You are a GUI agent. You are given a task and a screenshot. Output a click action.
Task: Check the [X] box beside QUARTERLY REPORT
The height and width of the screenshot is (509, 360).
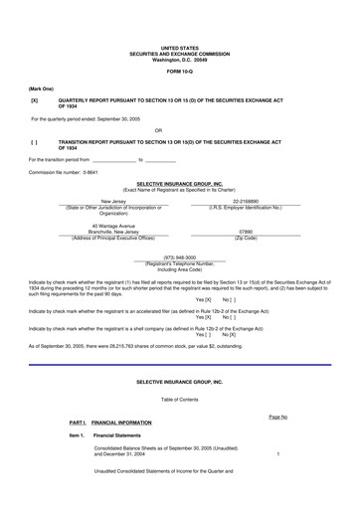pyautogui.click(x=35, y=101)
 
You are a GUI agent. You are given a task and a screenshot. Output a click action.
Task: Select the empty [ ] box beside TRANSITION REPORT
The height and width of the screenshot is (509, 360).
pyautogui.click(x=35, y=141)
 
